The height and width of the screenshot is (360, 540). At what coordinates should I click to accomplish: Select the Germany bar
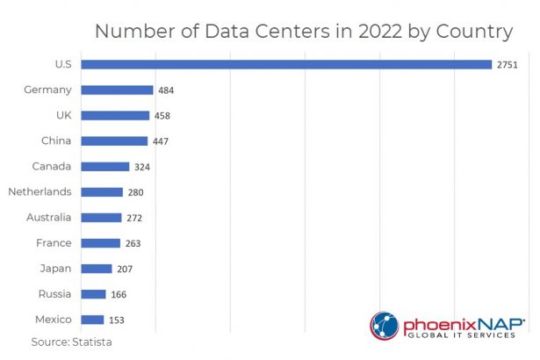pyautogui.click(x=118, y=90)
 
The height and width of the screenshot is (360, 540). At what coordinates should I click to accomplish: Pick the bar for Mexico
pyautogui.click(x=92, y=320)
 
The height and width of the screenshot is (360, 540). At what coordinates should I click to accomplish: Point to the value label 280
pyautogui.click(x=135, y=192)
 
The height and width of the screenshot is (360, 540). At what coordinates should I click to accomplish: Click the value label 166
pyautogui.click(x=119, y=295)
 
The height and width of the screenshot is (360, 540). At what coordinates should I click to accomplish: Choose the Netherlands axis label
pyautogui.click(x=40, y=191)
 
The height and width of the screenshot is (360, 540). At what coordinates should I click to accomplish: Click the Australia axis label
pyautogui.click(x=48, y=217)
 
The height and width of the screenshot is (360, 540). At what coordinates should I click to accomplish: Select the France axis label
pyautogui.click(x=54, y=242)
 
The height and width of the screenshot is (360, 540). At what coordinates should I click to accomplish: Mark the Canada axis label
pyautogui.click(x=53, y=166)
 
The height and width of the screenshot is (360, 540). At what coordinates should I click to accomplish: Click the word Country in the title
pyautogui.click(x=471, y=32)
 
